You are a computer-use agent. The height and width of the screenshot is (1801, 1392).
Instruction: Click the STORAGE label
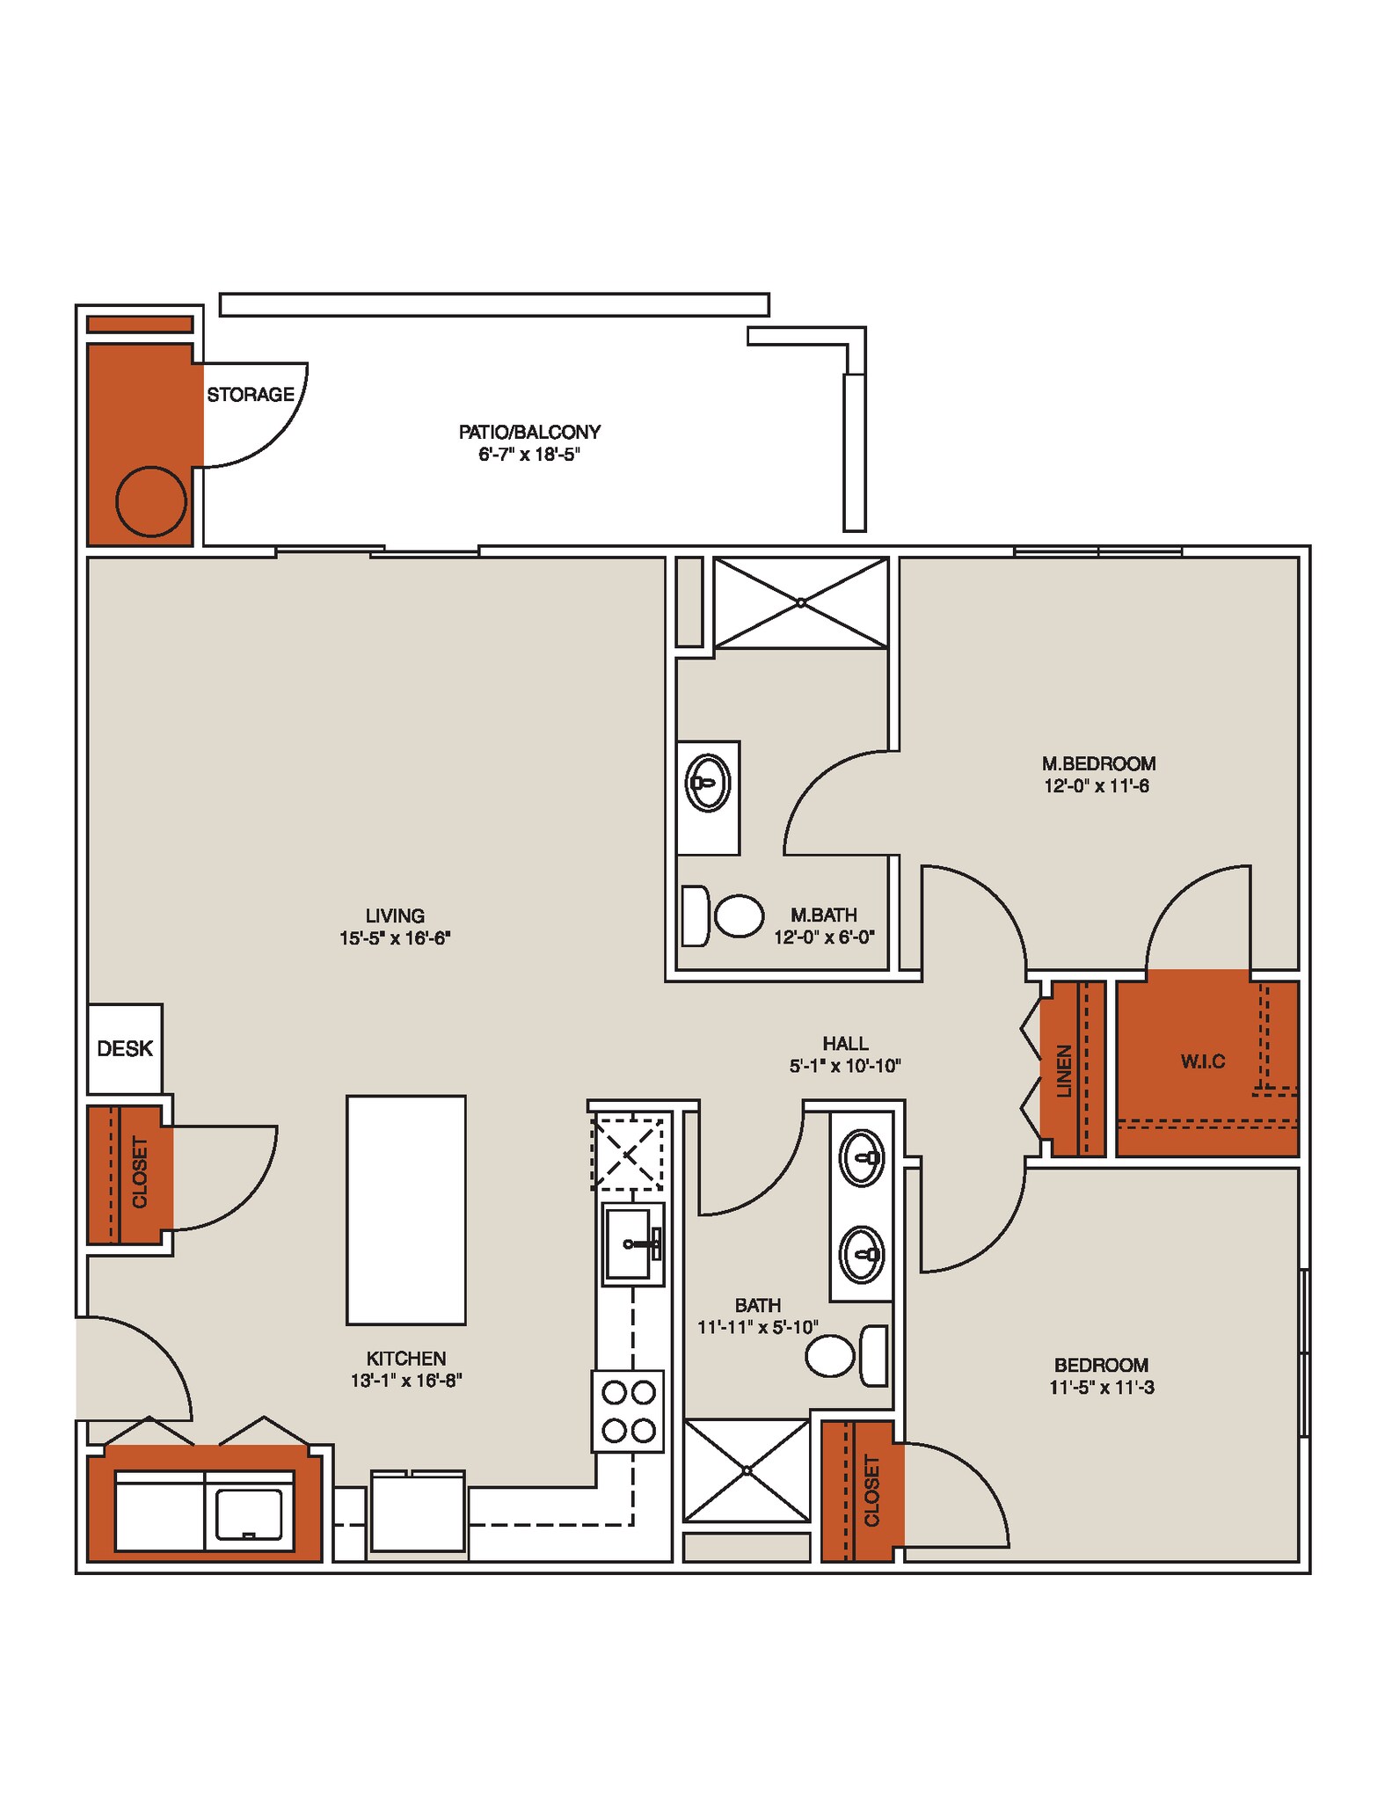click(251, 395)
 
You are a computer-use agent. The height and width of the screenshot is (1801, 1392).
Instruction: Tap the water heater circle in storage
click(151, 501)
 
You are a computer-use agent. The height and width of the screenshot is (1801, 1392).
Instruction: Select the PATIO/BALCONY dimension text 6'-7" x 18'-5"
click(529, 455)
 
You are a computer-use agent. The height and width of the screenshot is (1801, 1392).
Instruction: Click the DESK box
click(125, 1048)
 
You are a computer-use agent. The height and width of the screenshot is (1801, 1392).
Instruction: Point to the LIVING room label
click(395, 915)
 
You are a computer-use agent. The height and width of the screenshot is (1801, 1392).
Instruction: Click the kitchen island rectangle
click(405, 1209)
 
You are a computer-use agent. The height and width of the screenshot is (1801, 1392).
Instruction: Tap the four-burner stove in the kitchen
click(628, 1411)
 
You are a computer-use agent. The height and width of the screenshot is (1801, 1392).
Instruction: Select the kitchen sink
click(631, 1243)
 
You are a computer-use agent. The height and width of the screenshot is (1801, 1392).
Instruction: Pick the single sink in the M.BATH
click(707, 782)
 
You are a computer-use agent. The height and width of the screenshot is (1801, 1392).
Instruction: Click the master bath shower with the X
click(800, 603)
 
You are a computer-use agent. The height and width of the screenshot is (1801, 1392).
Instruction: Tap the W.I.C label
click(1202, 1061)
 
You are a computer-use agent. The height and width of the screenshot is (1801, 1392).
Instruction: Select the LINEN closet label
click(1065, 1071)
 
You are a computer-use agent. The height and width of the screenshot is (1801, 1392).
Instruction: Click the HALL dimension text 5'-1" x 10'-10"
click(845, 1067)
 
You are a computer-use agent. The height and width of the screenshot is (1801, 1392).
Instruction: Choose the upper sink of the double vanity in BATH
click(862, 1158)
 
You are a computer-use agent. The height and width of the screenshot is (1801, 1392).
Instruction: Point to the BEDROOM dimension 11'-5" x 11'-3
click(1101, 1388)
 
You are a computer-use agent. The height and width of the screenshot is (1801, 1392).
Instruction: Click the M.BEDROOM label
click(1098, 763)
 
